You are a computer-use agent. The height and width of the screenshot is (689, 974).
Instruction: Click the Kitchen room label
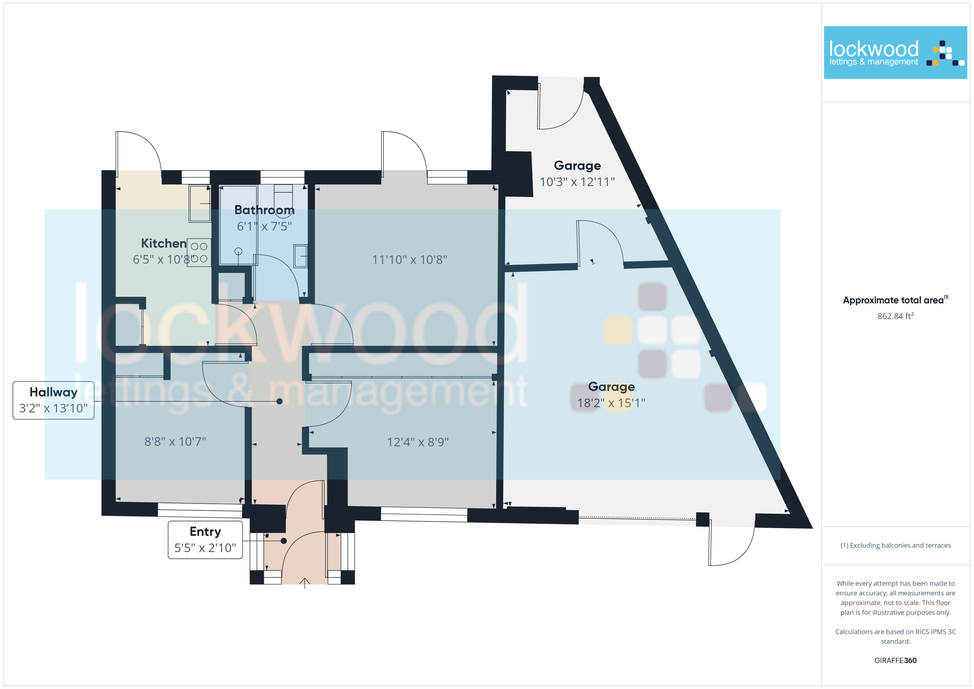point(164,243)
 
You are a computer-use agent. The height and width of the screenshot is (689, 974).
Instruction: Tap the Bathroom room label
point(264,210)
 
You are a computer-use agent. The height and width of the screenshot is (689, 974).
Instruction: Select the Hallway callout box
point(54,400)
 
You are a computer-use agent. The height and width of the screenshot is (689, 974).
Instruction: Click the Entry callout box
point(205,540)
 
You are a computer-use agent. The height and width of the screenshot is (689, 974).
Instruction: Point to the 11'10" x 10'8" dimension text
point(409,260)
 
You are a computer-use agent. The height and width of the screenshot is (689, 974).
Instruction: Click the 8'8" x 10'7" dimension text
point(175,442)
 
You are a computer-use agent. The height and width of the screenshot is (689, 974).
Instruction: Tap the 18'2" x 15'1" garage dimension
point(611,403)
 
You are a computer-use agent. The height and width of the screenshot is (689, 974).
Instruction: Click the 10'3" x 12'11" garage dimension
point(577,182)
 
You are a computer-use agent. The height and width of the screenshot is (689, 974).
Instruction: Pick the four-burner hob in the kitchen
point(199,252)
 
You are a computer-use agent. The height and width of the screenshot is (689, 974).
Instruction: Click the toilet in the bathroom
point(283,196)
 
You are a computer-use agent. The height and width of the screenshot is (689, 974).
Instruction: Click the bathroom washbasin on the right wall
point(300,256)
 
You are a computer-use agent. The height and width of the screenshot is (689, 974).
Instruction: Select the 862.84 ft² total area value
point(895,316)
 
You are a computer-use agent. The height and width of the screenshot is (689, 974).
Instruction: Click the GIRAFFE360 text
point(895,660)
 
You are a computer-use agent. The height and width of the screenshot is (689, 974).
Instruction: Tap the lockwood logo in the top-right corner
point(895,53)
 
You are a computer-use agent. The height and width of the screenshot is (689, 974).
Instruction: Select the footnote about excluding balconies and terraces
point(895,545)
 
